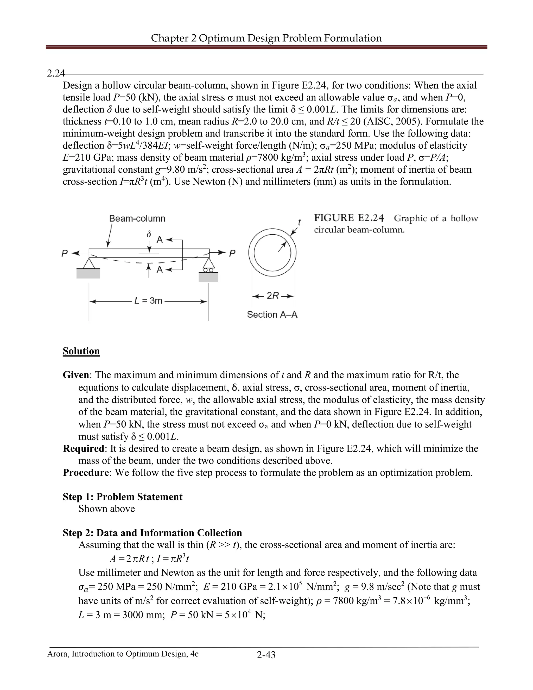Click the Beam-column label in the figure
(137, 218)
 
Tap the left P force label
(65, 253)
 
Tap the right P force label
(232, 253)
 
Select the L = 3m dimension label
(148, 300)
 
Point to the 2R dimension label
(273, 296)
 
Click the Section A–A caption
(272, 315)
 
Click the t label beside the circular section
(299, 222)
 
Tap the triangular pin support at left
(89, 263)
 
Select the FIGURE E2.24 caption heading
(349, 218)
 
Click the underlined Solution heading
(81, 351)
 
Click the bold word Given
(76, 375)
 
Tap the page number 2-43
(266, 655)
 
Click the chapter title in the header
(266, 38)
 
